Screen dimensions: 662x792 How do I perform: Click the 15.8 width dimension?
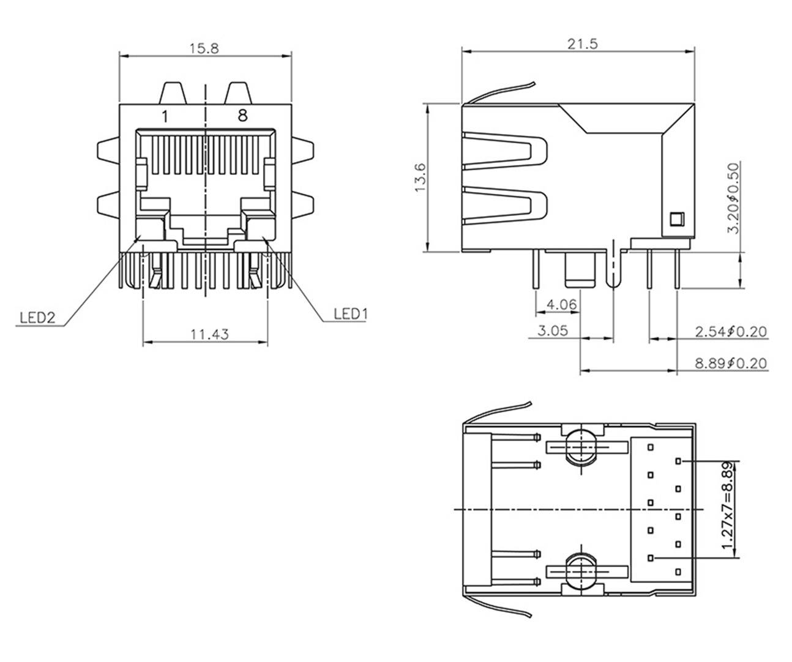(x=204, y=48)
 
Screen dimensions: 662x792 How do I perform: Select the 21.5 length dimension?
(x=582, y=43)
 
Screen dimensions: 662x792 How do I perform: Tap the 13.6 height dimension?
(x=420, y=177)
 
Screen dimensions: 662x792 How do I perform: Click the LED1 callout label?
(x=350, y=314)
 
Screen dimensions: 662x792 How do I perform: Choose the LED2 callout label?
(x=37, y=318)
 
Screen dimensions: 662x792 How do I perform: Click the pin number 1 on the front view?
(x=164, y=116)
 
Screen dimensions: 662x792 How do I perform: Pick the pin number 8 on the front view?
(x=242, y=115)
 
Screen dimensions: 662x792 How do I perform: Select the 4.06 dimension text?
(x=560, y=303)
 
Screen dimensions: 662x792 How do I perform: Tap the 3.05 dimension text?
(x=553, y=330)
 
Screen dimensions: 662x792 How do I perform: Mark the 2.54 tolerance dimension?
(x=731, y=332)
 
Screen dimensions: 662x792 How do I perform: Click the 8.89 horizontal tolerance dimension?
(x=731, y=363)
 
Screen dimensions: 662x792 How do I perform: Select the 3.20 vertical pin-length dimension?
(x=733, y=197)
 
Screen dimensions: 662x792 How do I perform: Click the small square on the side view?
(x=676, y=218)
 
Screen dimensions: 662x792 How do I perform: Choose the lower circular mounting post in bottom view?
(x=579, y=571)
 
